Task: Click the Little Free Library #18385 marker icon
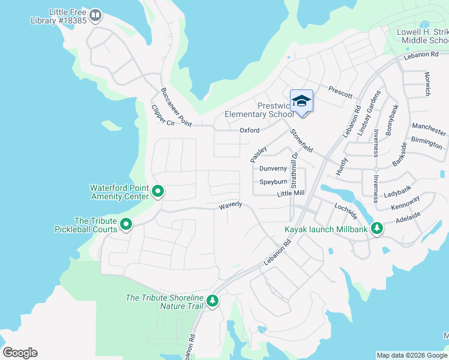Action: [95, 14]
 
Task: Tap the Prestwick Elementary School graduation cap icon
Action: [301, 100]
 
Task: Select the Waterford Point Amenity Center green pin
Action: [158, 191]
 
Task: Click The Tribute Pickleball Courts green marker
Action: [126, 224]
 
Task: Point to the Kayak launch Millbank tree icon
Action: [377, 228]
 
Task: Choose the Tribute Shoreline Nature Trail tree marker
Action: [211, 301]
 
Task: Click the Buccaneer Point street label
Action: [175, 107]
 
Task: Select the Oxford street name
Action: [250, 130]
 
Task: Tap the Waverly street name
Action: [230, 205]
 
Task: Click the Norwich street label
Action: [427, 84]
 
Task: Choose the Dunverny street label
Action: [273, 169]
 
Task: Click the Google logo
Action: [20, 353]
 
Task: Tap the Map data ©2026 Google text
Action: [411, 355]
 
